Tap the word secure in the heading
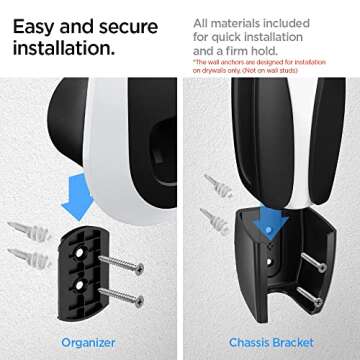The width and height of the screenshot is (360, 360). point(130,19)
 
